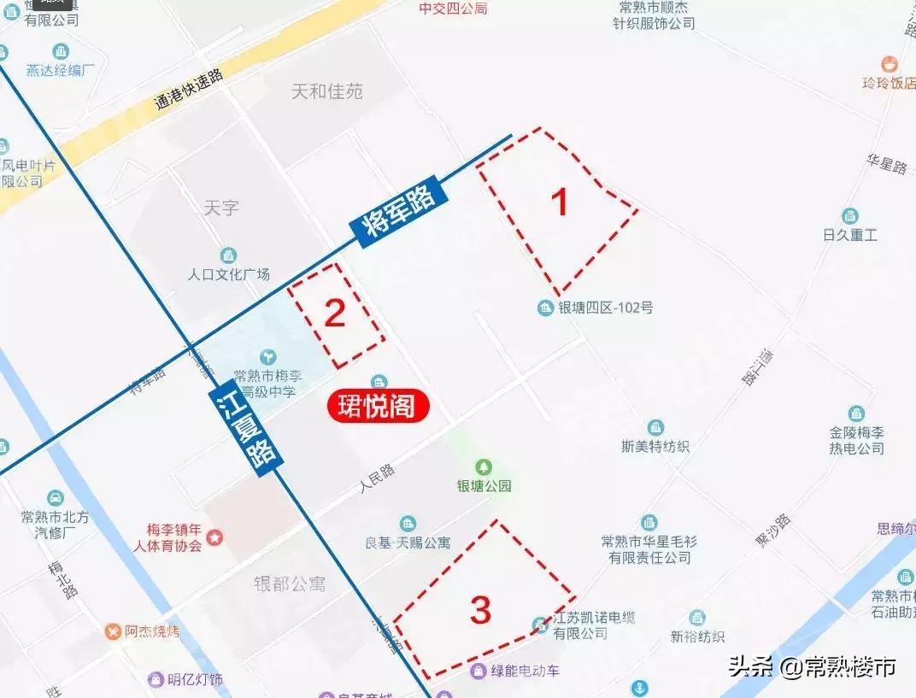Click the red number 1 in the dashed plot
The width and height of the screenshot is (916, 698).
click(x=560, y=203)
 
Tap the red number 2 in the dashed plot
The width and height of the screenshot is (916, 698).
click(x=334, y=314)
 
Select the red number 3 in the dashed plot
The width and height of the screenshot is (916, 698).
click(x=480, y=610)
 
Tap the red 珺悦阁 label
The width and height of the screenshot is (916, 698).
click(x=377, y=407)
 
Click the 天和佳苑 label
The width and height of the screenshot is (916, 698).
click(x=327, y=91)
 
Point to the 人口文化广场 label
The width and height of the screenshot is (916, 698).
click(x=228, y=274)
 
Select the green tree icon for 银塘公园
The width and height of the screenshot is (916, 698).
click(x=484, y=466)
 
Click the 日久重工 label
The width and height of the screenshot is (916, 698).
click(x=849, y=234)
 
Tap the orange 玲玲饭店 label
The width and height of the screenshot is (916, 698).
click(x=888, y=83)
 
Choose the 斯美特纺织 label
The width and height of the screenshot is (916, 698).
click(x=655, y=445)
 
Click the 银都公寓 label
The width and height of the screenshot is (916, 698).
click(x=290, y=584)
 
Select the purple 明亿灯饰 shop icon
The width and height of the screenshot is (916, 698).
click(x=156, y=679)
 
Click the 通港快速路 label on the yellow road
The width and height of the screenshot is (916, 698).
click(x=189, y=90)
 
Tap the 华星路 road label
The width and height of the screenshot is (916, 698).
click(x=886, y=165)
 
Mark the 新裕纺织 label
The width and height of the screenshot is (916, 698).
click(x=697, y=636)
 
